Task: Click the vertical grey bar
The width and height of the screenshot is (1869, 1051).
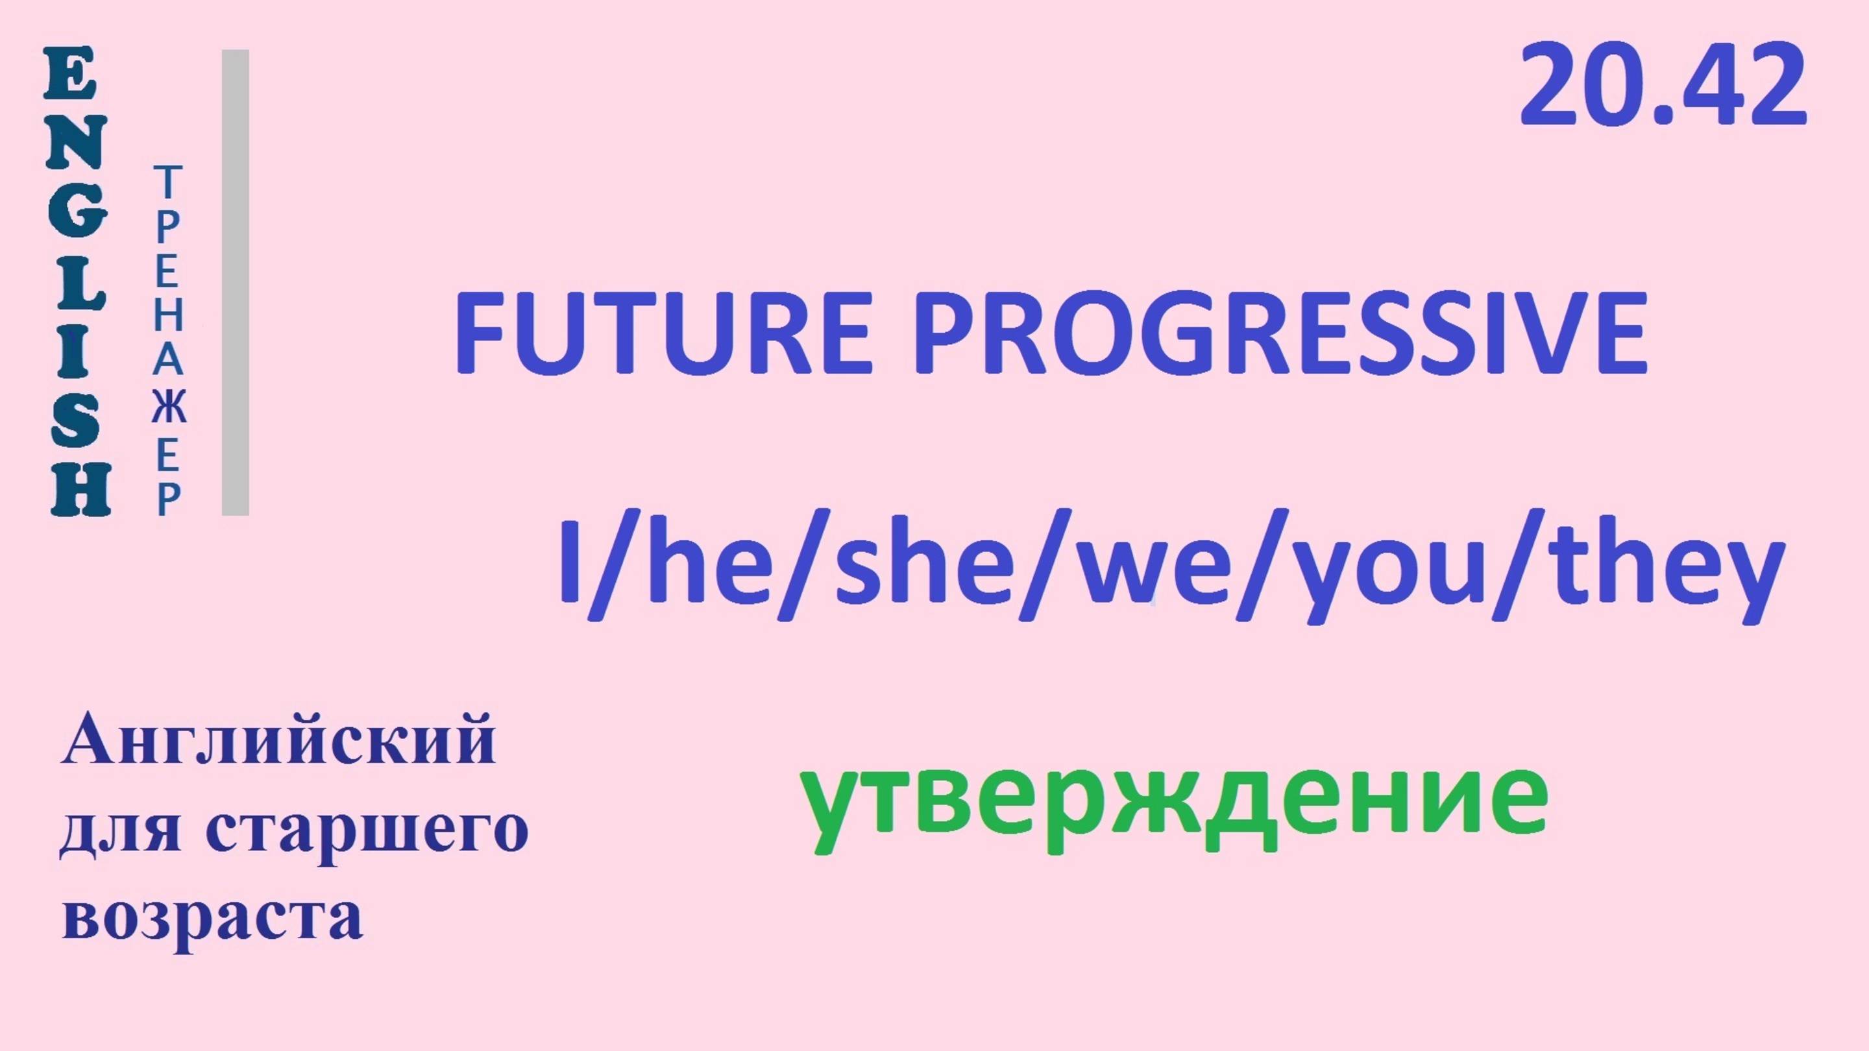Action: point(235,283)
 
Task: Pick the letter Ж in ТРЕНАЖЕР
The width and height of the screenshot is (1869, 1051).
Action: point(169,407)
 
